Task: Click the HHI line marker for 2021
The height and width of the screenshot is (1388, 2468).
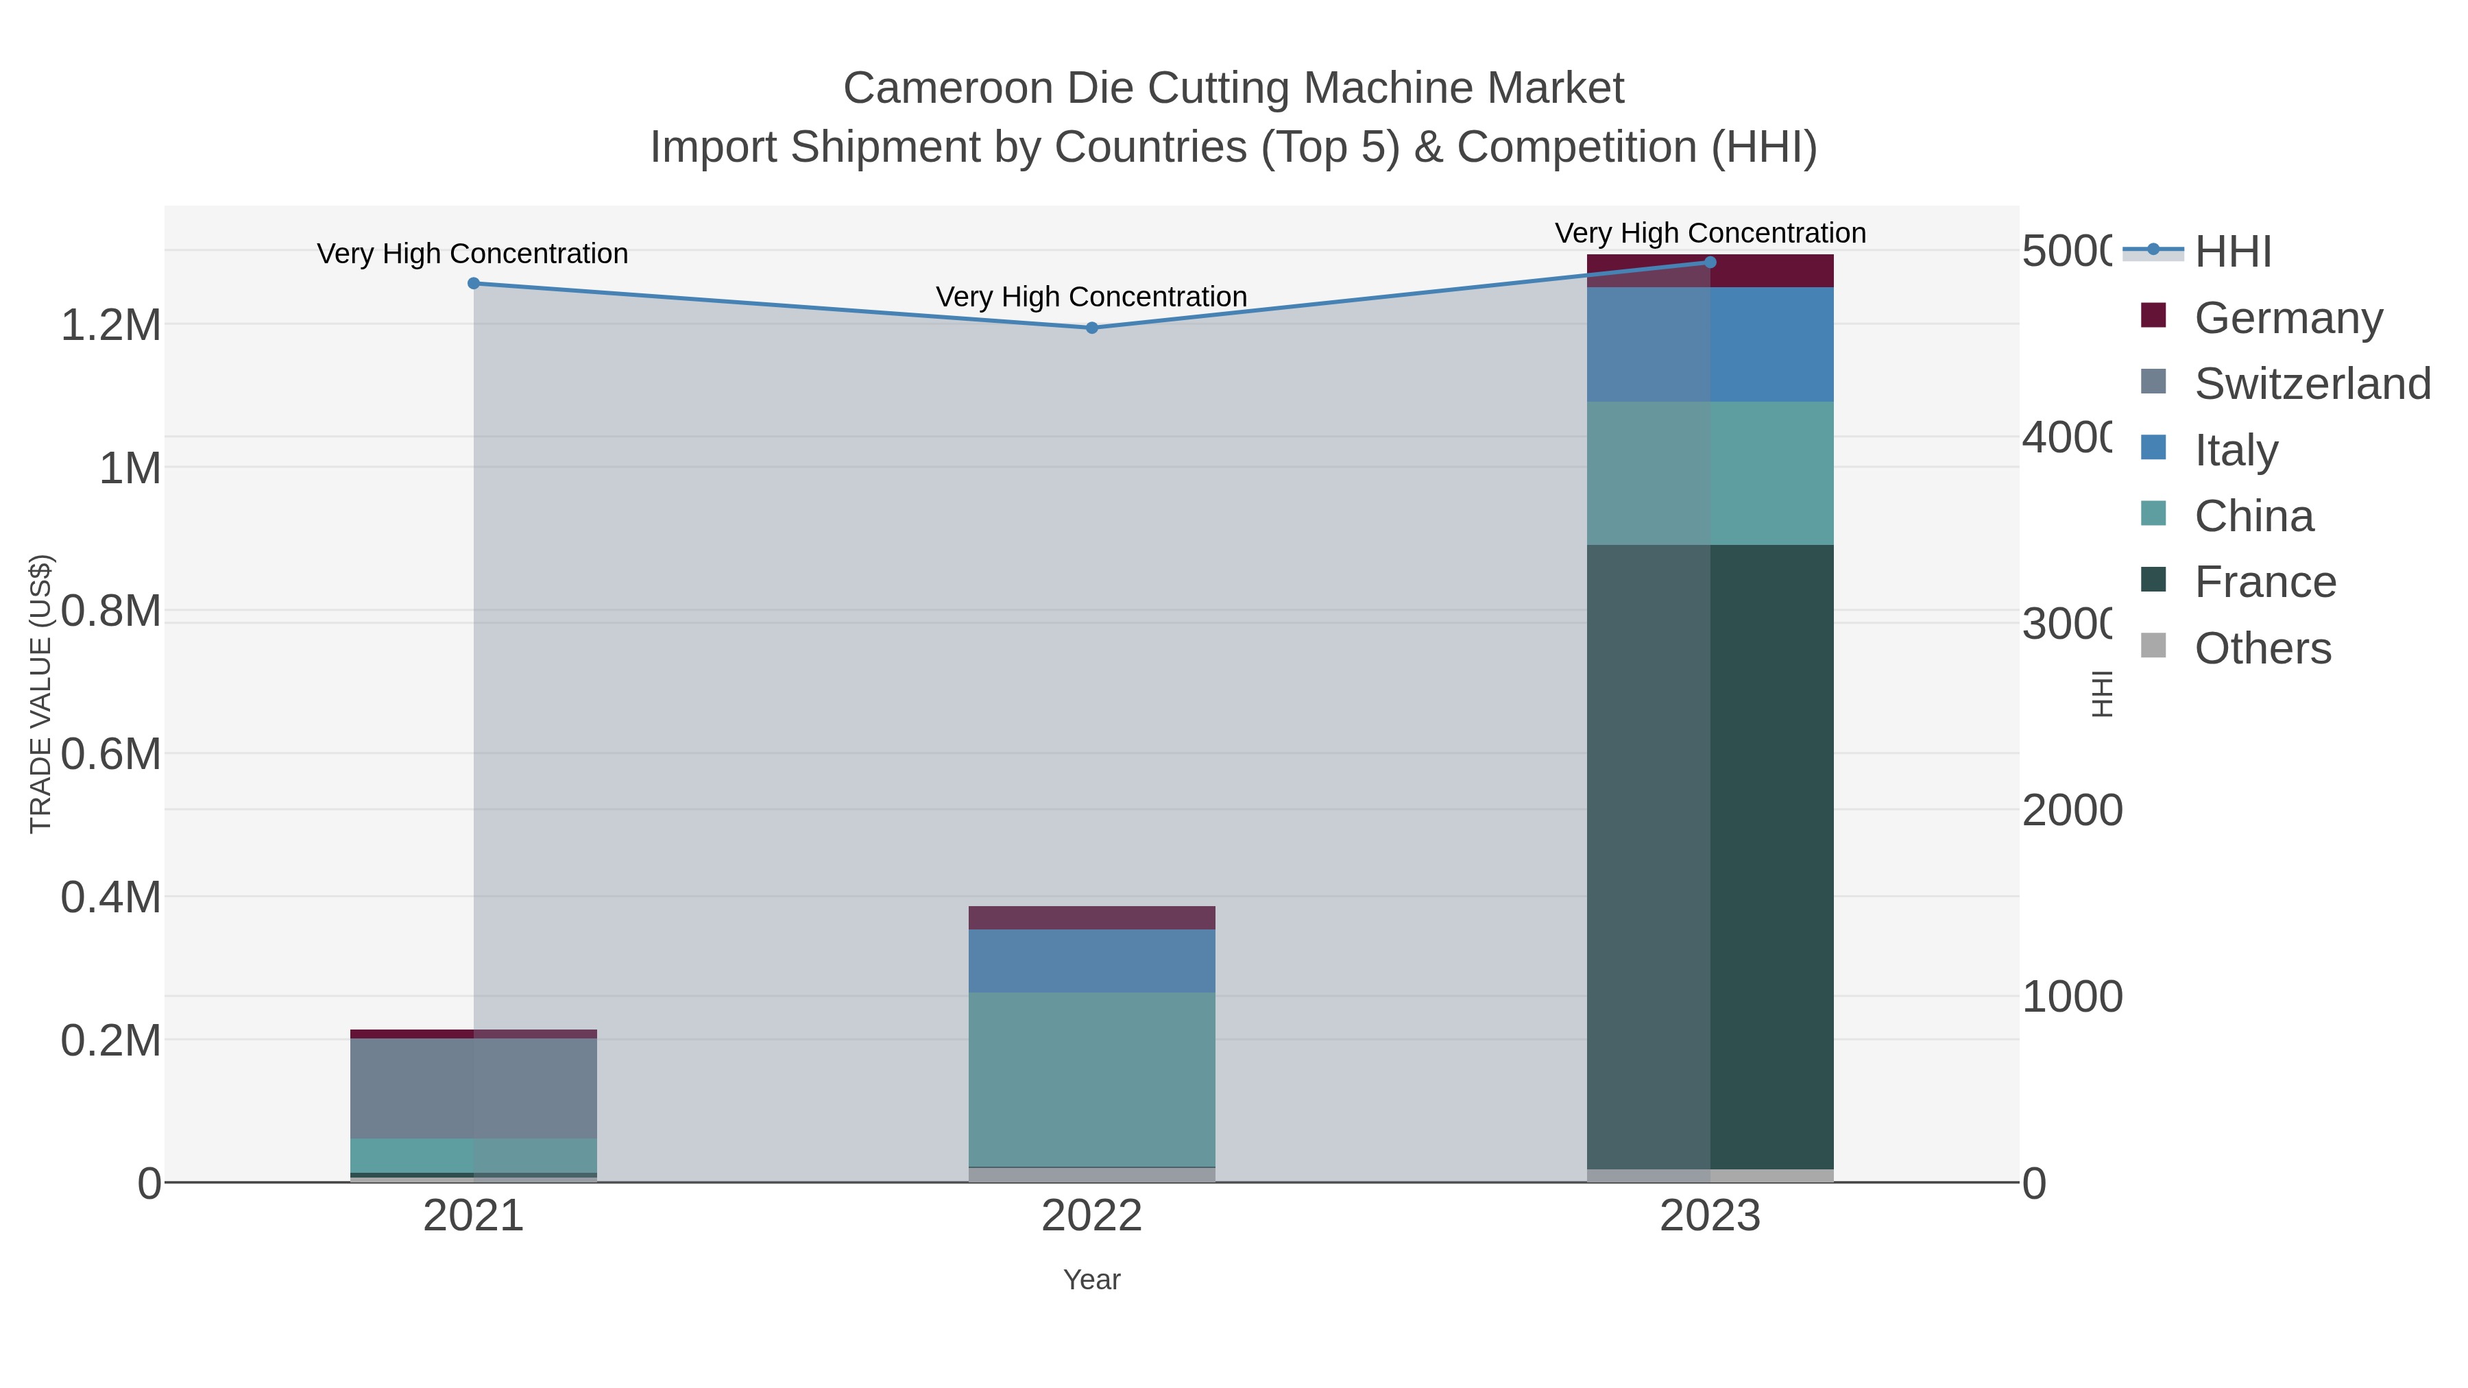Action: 473,284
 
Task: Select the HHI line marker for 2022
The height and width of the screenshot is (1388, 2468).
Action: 1091,328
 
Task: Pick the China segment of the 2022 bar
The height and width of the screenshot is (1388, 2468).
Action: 1091,1080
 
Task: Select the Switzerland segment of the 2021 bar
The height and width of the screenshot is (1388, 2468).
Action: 473,1088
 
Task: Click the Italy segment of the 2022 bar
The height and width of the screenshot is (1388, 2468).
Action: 1091,961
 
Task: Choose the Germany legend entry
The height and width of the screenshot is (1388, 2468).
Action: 2288,318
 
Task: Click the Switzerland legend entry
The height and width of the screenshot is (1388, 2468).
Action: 2312,384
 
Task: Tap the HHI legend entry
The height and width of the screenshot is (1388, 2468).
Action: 2232,252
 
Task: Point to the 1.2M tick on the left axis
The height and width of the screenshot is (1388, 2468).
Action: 111,326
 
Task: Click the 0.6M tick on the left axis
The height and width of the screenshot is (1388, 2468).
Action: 111,755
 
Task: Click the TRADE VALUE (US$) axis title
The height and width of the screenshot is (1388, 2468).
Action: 41,694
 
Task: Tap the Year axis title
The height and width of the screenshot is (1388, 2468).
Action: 1091,1280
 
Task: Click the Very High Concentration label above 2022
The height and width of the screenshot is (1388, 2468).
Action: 1091,297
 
